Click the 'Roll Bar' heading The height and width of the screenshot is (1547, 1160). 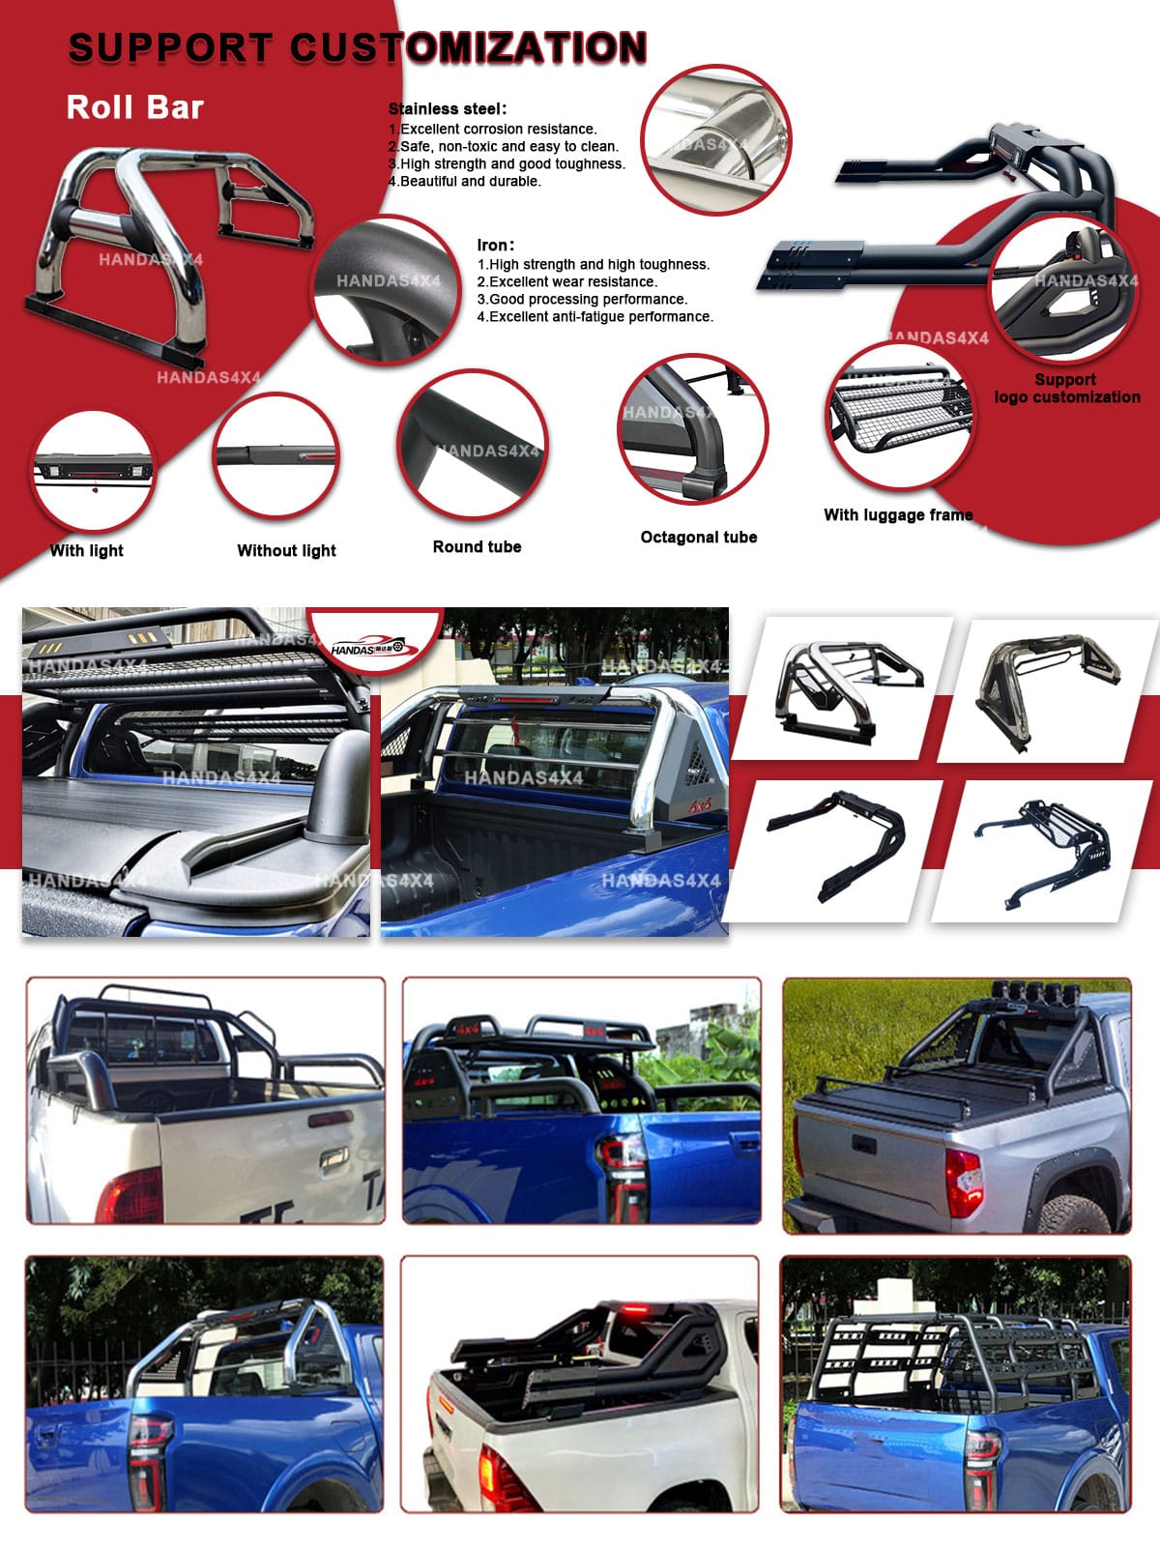134,108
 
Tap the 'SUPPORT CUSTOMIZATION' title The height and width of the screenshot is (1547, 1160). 358,48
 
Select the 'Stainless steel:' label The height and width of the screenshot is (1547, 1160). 448,109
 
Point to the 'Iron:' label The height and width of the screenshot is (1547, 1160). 496,246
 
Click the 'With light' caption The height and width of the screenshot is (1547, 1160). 87,550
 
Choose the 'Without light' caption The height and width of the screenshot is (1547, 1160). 287,550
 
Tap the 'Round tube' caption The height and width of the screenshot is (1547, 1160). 477,547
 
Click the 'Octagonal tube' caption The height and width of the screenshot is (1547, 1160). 699,537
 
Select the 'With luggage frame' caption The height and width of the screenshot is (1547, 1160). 898,515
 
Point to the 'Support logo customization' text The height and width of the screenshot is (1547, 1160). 1067,389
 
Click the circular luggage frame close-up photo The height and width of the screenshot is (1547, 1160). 900,416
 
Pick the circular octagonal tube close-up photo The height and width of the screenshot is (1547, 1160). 693,430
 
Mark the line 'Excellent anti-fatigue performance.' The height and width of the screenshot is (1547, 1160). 595,317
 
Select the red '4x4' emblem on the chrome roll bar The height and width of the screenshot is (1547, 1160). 700,804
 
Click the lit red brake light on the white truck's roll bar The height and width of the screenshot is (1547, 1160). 634,1310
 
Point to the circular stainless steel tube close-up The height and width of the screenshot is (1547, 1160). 716,139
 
